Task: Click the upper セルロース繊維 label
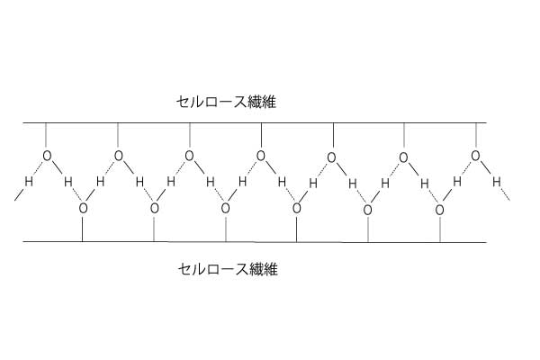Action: [x=226, y=102]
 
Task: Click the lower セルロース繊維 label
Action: [x=228, y=269]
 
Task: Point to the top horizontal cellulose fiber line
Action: [x=255, y=122]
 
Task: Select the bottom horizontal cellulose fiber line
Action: [x=255, y=242]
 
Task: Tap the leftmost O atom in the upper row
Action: [x=47, y=156]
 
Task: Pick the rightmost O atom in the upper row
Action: [x=475, y=156]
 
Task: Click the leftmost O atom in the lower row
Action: [x=83, y=209]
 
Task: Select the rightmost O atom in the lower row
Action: [x=440, y=210]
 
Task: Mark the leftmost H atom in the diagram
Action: [x=29, y=181]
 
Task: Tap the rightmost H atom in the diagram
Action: [x=496, y=182]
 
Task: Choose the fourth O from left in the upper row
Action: [x=261, y=156]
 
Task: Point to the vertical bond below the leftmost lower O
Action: [x=82, y=229]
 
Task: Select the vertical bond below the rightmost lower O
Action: [x=440, y=229]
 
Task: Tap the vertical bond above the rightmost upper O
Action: [x=476, y=136]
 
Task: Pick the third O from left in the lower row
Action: [x=226, y=209]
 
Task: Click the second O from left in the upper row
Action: [x=119, y=156]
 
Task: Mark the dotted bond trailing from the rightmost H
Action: [x=505, y=194]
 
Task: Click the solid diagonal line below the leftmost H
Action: [x=20, y=194]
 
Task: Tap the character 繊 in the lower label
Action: [x=256, y=269]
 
